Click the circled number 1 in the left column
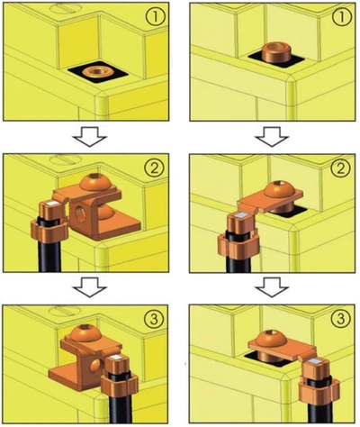coord(156,17)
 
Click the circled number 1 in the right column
coord(341,17)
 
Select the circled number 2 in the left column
coord(156,169)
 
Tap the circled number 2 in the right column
coord(341,169)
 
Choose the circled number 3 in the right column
coord(341,319)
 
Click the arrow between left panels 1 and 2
coord(90,137)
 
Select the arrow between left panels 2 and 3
coord(90,287)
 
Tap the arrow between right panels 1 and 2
coord(272,137)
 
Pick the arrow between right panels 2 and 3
coord(272,287)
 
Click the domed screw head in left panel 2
coord(95,182)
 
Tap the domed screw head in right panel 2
coord(279,189)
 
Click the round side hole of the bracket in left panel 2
coord(80,214)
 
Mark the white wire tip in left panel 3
coord(116,357)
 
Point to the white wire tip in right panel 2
coord(242,215)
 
